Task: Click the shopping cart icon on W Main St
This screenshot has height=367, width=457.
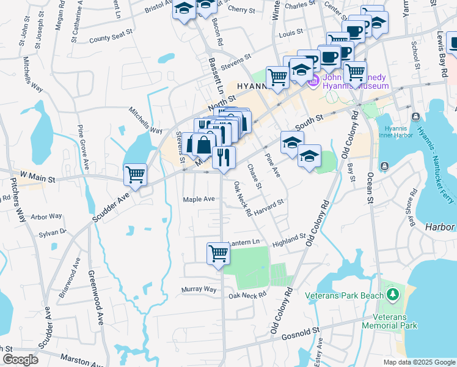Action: pos(135,174)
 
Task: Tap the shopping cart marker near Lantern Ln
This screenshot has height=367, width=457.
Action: pos(218,253)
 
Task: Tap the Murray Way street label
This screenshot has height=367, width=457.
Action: pos(199,289)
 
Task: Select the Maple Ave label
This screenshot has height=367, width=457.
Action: pos(199,199)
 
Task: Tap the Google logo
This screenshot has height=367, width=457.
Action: pos(20,359)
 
